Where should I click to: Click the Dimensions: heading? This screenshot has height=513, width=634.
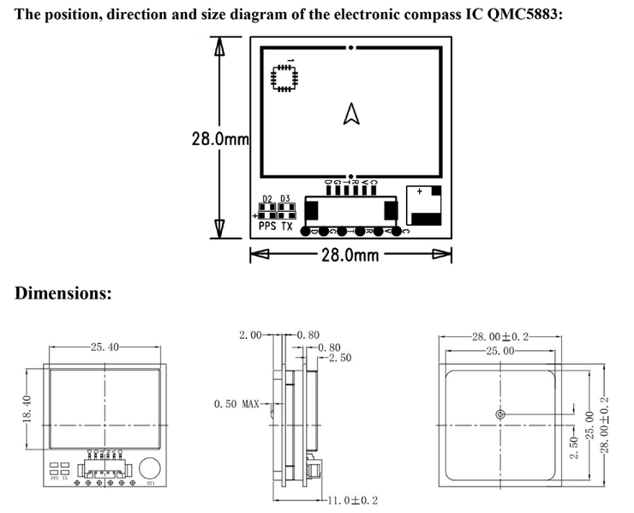63,293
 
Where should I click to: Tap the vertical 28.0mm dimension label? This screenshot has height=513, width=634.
220,137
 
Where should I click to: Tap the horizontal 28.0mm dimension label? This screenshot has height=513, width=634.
350,254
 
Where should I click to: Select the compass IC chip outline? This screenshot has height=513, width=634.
282,77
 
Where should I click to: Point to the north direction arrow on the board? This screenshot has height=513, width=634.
350,114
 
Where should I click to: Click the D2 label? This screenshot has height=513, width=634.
267,199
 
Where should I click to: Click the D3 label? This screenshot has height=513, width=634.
285,199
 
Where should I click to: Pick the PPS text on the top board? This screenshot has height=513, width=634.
267,227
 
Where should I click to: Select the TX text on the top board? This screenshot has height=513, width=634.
287,227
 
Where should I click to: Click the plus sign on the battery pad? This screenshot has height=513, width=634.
419,192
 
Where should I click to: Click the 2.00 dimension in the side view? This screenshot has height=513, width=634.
252,335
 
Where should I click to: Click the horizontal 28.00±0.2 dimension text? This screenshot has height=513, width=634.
501,336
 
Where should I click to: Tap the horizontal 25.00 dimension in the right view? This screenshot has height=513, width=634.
501,351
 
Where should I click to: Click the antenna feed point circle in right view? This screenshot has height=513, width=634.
501,414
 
